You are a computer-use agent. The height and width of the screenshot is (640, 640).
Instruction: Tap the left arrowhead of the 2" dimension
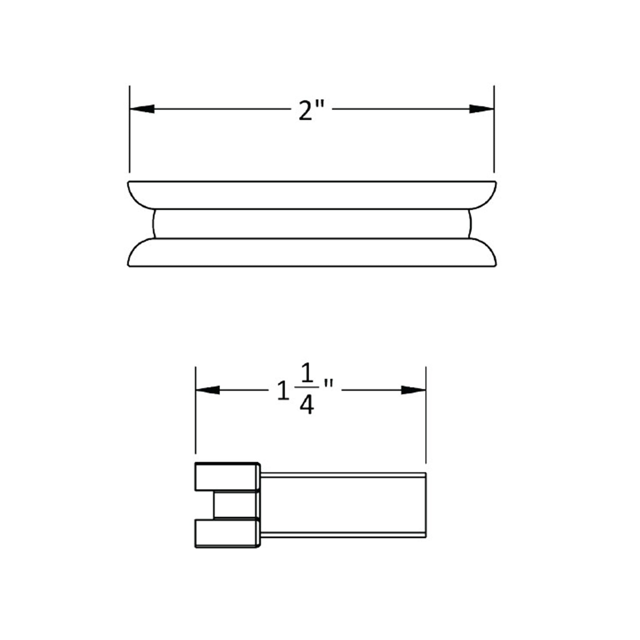tap(142, 109)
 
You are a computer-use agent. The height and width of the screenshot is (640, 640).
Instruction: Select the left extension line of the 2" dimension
tap(130, 139)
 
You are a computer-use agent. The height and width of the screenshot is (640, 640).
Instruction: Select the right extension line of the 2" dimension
tap(494, 139)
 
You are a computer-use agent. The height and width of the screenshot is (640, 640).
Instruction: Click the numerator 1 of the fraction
tap(307, 375)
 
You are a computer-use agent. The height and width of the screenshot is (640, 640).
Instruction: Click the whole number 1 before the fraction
tap(283, 391)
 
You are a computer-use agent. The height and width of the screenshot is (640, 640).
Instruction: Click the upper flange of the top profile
tap(311, 195)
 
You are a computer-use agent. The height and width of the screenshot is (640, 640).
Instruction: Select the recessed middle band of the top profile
tap(311, 224)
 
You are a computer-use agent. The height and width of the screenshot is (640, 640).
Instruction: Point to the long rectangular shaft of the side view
tap(343, 505)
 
